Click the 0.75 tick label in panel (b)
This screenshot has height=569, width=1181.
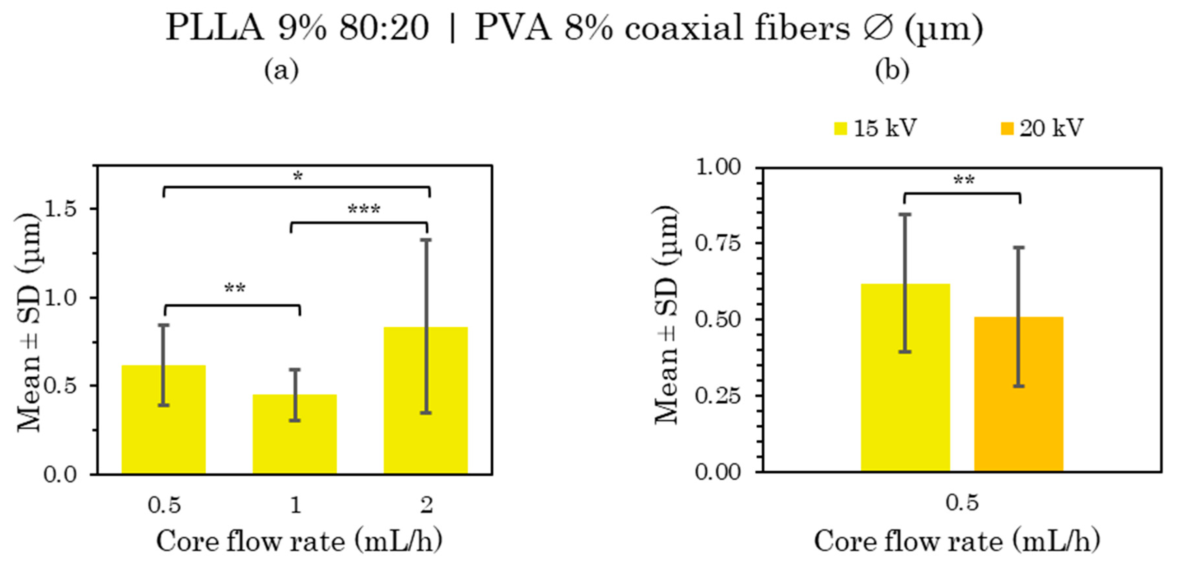717,243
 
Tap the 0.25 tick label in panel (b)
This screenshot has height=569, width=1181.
717,396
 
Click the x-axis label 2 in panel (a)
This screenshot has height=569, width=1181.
426,505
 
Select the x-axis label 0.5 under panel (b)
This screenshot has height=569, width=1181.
961,502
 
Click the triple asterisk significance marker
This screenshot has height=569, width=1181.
364,210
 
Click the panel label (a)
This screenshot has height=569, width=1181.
281,70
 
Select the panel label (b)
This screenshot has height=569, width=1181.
892,70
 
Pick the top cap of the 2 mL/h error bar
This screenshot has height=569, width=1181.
426,240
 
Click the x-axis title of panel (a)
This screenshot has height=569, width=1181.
299,542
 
